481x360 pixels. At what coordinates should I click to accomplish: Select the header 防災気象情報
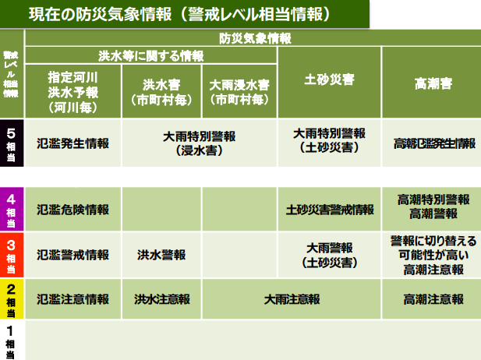tap(252, 37)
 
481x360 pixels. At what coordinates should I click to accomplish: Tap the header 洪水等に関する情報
tap(150, 55)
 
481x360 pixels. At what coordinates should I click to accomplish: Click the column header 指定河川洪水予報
tap(73, 89)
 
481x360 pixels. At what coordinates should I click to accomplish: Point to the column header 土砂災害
tap(328, 80)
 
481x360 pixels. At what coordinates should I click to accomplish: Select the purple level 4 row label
tap(12, 209)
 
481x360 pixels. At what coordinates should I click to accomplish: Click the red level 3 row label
tap(12, 254)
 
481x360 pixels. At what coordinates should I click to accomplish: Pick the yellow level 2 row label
tap(12, 299)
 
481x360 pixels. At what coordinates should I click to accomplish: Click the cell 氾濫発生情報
tap(73, 143)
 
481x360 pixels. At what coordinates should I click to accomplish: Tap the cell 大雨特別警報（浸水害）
tap(200, 143)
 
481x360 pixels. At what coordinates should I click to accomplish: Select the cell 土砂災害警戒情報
tap(330, 210)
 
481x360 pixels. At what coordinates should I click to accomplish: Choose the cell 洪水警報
tap(161, 254)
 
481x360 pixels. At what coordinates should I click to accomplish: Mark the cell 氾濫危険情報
tap(73, 210)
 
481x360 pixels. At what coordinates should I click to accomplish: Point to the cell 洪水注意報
tap(161, 299)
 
